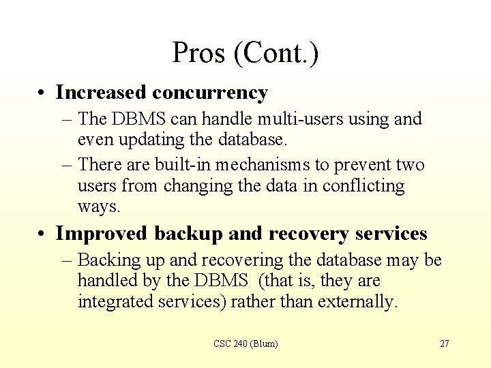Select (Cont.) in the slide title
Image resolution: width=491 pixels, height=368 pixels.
[x=276, y=53]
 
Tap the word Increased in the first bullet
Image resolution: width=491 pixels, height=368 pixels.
[x=101, y=92]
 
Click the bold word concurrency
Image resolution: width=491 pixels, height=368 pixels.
[x=210, y=92]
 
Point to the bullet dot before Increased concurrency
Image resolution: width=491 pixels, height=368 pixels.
[x=43, y=93]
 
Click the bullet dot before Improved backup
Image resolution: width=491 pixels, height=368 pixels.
[x=43, y=234]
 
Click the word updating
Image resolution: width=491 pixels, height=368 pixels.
[x=147, y=140]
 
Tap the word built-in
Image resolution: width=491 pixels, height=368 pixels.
[x=184, y=165]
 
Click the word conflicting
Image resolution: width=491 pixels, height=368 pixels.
[x=363, y=185]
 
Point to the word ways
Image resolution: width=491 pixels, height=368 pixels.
[x=98, y=206]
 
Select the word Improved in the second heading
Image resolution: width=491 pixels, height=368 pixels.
[x=101, y=234]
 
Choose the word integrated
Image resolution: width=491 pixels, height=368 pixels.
[x=114, y=301]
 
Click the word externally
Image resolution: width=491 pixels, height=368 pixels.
[x=358, y=301]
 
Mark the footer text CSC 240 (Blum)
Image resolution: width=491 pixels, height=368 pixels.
[x=245, y=344]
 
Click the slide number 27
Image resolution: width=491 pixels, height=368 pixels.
[x=444, y=344]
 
